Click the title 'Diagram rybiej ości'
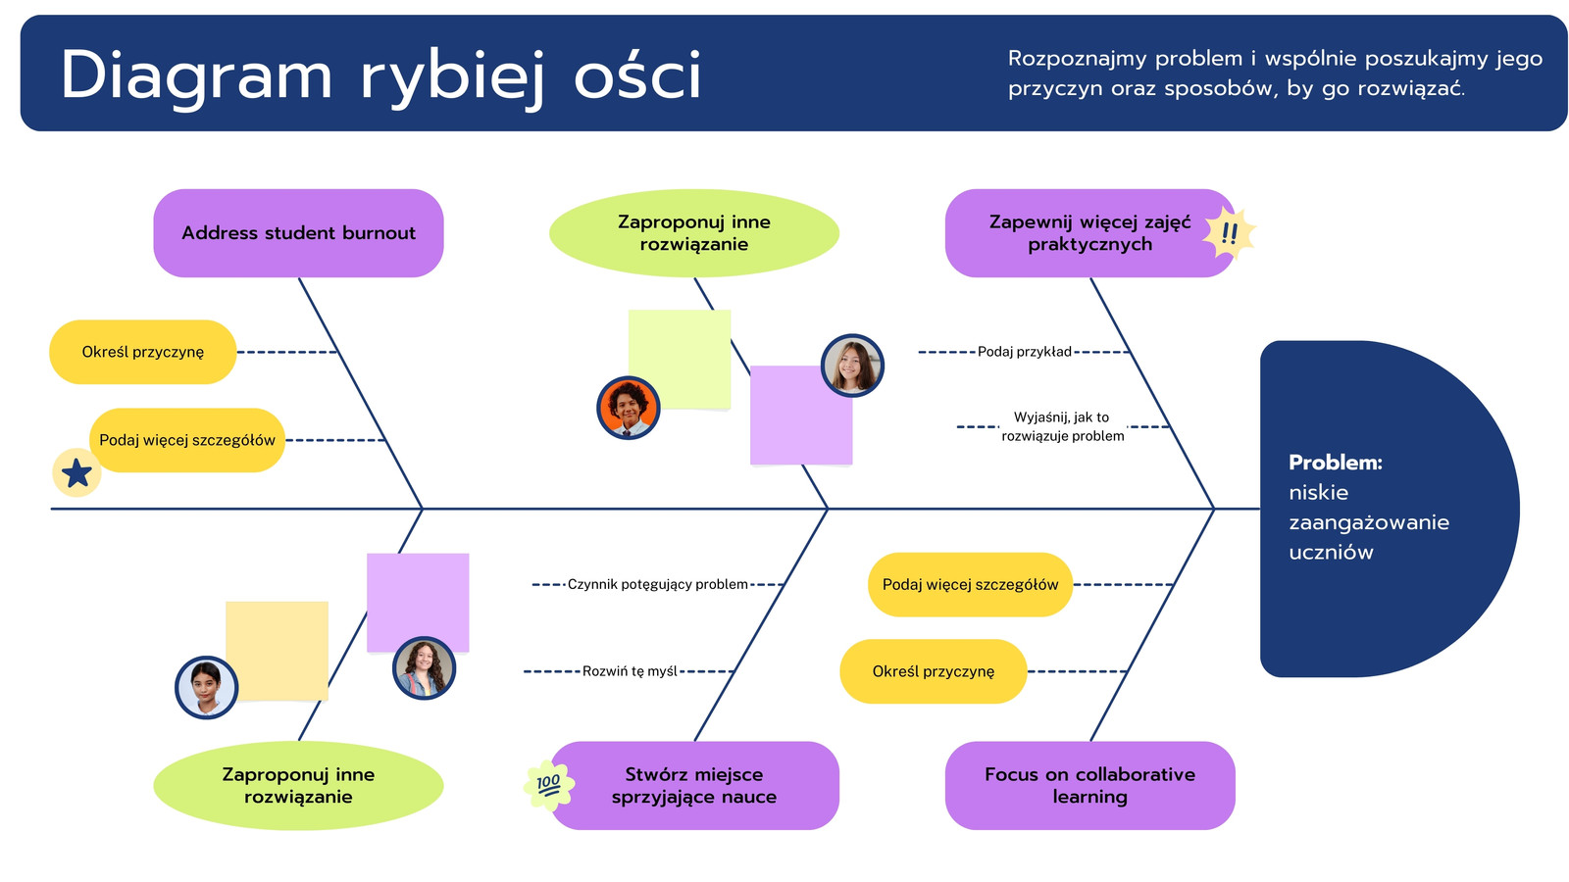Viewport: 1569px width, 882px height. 380,75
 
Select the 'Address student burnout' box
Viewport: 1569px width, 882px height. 298,233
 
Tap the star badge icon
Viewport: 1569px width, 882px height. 76,473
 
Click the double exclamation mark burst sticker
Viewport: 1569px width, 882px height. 1229,233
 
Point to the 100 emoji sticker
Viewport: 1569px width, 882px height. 549,785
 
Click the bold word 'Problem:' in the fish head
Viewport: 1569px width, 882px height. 1335,462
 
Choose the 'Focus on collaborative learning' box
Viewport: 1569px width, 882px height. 1089,785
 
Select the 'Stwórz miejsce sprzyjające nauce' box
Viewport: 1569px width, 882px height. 695,785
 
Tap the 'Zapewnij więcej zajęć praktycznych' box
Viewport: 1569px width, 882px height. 1089,233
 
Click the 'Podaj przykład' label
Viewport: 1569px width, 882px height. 1024,352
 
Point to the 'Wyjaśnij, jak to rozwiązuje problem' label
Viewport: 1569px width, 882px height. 1063,426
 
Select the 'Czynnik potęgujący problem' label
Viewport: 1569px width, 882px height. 657,584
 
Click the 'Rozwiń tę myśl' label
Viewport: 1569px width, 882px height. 630,671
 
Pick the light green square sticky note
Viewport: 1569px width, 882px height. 680,359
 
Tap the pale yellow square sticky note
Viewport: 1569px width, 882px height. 277,651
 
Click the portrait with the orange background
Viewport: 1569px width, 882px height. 629,408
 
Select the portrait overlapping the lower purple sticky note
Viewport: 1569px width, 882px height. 424,668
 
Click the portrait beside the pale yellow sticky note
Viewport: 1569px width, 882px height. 206,687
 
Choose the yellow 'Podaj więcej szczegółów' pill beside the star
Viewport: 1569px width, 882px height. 187,440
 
